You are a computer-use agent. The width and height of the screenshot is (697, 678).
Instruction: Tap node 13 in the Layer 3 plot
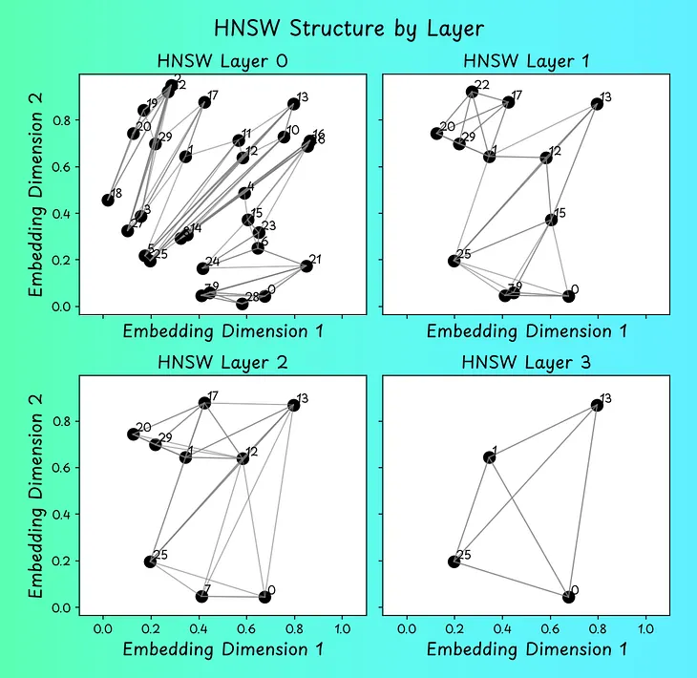pyautogui.click(x=598, y=405)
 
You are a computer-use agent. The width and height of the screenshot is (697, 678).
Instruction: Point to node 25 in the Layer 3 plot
pyautogui.click(x=454, y=561)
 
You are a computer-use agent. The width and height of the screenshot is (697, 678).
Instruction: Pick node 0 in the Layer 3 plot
pyautogui.click(x=569, y=597)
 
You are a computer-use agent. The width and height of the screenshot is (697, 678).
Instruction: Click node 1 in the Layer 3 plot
pyautogui.click(x=490, y=457)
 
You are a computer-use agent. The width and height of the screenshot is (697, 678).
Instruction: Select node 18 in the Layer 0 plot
pyautogui.click(x=108, y=201)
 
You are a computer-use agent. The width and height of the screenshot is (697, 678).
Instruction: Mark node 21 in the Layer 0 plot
pyautogui.click(x=306, y=265)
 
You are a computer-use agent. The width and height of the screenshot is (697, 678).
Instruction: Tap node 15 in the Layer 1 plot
pyautogui.click(x=551, y=220)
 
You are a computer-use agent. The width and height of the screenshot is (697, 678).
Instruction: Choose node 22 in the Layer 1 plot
pyautogui.click(x=472, y=92)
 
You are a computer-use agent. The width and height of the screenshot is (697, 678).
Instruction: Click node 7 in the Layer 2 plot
pyautogui.click(x=201, y=597)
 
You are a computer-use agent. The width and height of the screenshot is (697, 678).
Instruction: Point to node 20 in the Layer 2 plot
pyautogui.click(x=134, y=434)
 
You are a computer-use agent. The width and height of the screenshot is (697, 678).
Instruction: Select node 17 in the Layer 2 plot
pyautogui.click(x=203, y=403)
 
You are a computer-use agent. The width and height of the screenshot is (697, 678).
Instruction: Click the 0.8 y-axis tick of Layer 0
pyautogui.click(x=65, y=120)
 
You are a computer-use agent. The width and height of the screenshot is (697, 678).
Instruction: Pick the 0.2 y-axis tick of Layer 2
pyautogui.click(x=65, y=561)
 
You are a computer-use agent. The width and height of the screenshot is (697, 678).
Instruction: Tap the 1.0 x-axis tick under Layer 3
pyautogui.click(x=646, y=630)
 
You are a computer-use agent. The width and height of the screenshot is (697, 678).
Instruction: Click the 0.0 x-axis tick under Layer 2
pyautogui.click(x=102, y=630)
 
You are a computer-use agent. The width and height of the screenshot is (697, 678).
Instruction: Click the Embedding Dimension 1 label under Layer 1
pyautogui.click(x=526, y=331)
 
